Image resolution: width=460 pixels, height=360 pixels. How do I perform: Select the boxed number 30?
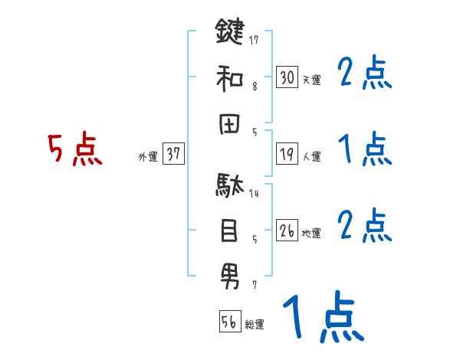[287, 77]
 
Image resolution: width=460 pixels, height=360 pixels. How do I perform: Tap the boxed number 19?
[287, 154]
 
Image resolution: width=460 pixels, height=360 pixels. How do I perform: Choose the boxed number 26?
[287, 231]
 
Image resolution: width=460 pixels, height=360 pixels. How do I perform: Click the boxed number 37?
[173, 154]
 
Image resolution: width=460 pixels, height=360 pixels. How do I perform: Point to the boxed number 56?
[229, 321]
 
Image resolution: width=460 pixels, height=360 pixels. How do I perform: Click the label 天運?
[311, 80]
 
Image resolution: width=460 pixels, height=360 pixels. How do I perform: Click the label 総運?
[255, 324]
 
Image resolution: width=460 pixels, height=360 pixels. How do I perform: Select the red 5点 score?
[74, 149]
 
